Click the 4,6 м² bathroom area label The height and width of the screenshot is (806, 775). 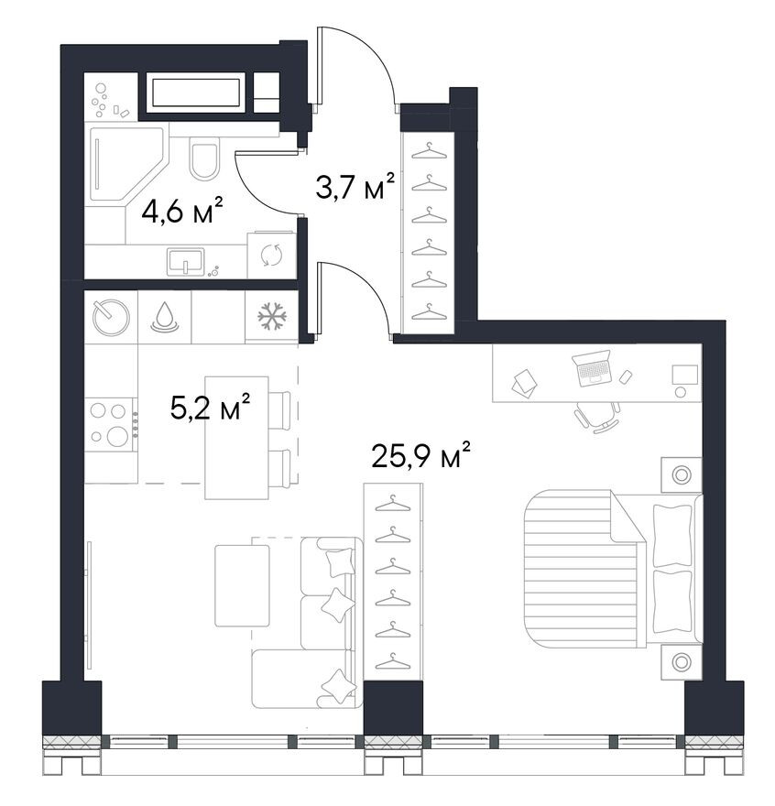pos(182,211)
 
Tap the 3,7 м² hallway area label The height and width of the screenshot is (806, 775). pos(355,186)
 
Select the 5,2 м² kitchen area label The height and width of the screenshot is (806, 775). pos(211,407)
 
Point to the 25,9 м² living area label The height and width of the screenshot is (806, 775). pos(421,454)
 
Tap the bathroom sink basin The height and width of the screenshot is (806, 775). pos(185,261)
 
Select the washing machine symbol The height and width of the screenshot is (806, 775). pos(271,256)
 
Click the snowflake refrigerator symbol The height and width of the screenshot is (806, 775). pos(271,316)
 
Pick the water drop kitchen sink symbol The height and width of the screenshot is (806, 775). pos(165,317)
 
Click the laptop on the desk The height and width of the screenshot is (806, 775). pos(593,367)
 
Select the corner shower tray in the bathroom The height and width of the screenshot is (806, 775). pos(127,164)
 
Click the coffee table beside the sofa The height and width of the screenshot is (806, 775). pos(242,585)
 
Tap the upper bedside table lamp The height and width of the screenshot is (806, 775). pos(682,474)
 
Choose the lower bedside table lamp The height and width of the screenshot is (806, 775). pos(682,662)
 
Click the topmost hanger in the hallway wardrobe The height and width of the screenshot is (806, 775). pos(429,151)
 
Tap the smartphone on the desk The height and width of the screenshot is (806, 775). pos(626,376)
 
